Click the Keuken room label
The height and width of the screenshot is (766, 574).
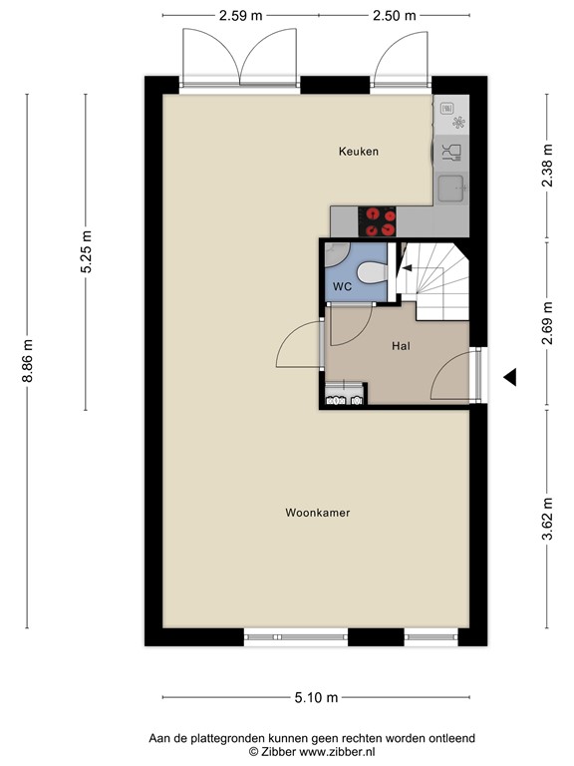(359, 152)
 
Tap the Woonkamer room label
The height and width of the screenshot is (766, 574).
(317, 513)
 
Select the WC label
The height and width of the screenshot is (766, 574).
(342, 286)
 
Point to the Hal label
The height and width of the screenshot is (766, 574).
(402, 345)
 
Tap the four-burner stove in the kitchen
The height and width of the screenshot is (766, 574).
(378, 219)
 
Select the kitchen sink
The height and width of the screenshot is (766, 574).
(451, 187)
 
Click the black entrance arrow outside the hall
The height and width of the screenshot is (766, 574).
(509, 377)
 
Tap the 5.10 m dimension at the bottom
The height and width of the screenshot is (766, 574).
(317, 697)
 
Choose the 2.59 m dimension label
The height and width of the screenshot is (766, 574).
(241, 15)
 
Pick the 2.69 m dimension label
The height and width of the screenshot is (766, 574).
(547, 323)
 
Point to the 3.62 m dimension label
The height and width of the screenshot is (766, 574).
(547, 518)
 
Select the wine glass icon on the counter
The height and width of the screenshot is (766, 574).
(451, 152)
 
